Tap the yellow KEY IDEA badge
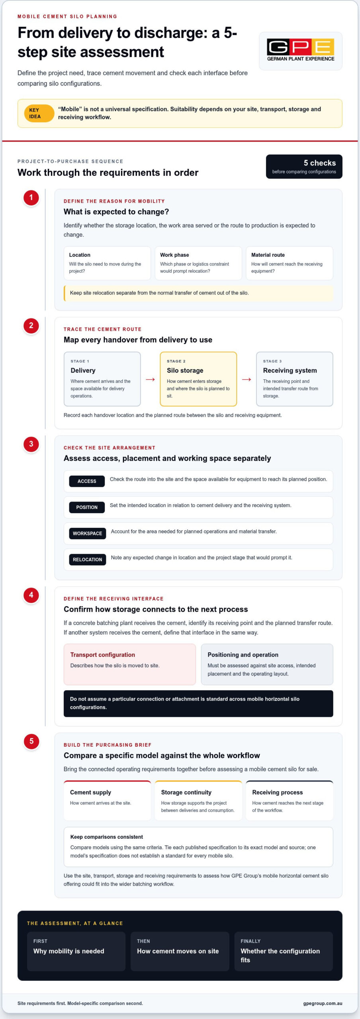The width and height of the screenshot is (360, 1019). [x=39, y=113]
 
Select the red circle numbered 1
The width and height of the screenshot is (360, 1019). [x=31, y=198]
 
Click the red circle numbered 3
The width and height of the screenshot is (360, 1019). [x=31, y=444]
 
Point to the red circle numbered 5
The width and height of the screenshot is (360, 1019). [x=31, y=742]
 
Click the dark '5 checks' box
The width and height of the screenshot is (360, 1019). [x=304, y=166]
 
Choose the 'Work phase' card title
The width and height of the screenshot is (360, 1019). [x=174, y=255]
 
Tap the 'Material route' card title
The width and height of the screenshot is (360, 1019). [x=268, y=255]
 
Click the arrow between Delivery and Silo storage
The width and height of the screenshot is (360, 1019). [x=150, y=379]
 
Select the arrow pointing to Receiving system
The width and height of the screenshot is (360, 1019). [x=247, y=379]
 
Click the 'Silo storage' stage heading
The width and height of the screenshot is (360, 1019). [x=185, y=371]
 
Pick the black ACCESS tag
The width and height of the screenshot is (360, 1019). [x=87, y=481]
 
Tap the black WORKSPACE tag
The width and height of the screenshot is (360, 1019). [x=88, y=533]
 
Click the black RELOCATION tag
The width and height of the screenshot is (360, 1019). [x=88, y=560]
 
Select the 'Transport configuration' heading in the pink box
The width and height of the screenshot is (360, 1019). [x=103, y=655]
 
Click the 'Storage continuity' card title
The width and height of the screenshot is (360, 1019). [x=186, y=793]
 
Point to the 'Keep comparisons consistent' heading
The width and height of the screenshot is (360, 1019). [x=107, y=837]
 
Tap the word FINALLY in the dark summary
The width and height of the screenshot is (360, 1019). [x=250, y=941]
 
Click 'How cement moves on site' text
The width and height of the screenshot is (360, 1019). [x=178, y=951]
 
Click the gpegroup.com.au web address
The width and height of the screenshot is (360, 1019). [x=323, y=1003]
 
